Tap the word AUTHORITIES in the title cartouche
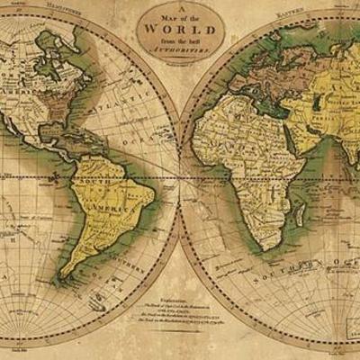pos(179,52)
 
